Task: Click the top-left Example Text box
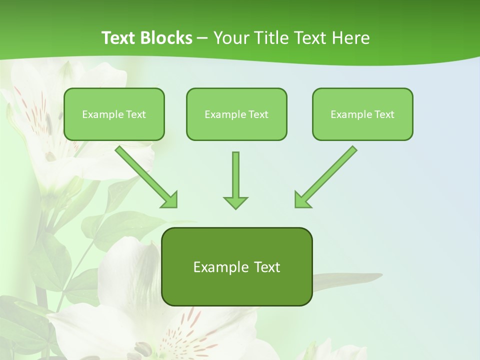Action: (114, 114)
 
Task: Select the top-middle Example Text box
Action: (236, 114)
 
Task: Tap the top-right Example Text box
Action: (362, 114)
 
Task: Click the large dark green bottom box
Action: (236, 266)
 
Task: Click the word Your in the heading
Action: (230, 37)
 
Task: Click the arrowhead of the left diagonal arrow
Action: (169, 199)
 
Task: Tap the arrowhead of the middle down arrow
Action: (235, 202)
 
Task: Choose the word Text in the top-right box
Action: (384, 114)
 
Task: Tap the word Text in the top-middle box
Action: (258, 114)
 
